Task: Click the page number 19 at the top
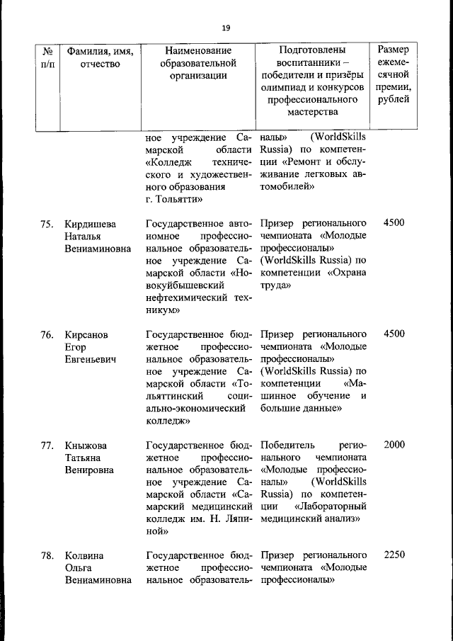click(226, 28)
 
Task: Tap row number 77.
click(47, 446)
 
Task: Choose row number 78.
click(47, 556)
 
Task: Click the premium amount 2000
click(394, 446)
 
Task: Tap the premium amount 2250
click(394, 556)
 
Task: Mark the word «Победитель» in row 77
click(285, 446)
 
